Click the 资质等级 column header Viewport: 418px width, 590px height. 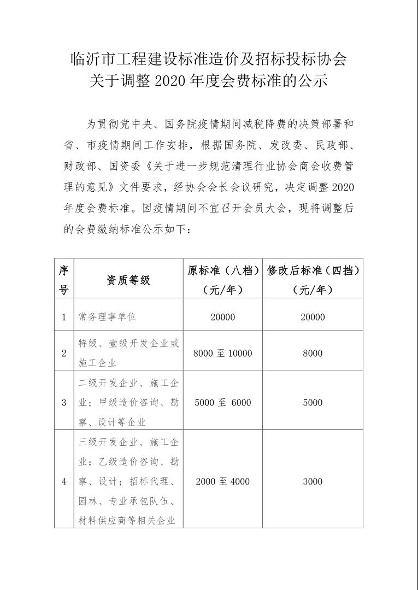point(128,280)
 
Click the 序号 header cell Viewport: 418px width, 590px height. point(64,280)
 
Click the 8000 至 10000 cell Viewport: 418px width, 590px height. point(222,353)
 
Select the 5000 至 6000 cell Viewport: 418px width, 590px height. point(222,403)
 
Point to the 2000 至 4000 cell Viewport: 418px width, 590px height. point(222,481)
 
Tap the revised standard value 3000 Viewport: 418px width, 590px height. point(313,481)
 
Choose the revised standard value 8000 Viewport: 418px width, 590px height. point(313,353)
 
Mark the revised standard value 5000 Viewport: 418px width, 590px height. point(313,403)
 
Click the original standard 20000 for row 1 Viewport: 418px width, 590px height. point(222,317)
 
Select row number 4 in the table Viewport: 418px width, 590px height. point(64,481)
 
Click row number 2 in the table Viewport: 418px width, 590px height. point(64,353)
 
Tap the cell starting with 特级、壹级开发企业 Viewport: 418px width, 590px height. point(128,352)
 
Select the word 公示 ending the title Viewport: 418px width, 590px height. point(314,81)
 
